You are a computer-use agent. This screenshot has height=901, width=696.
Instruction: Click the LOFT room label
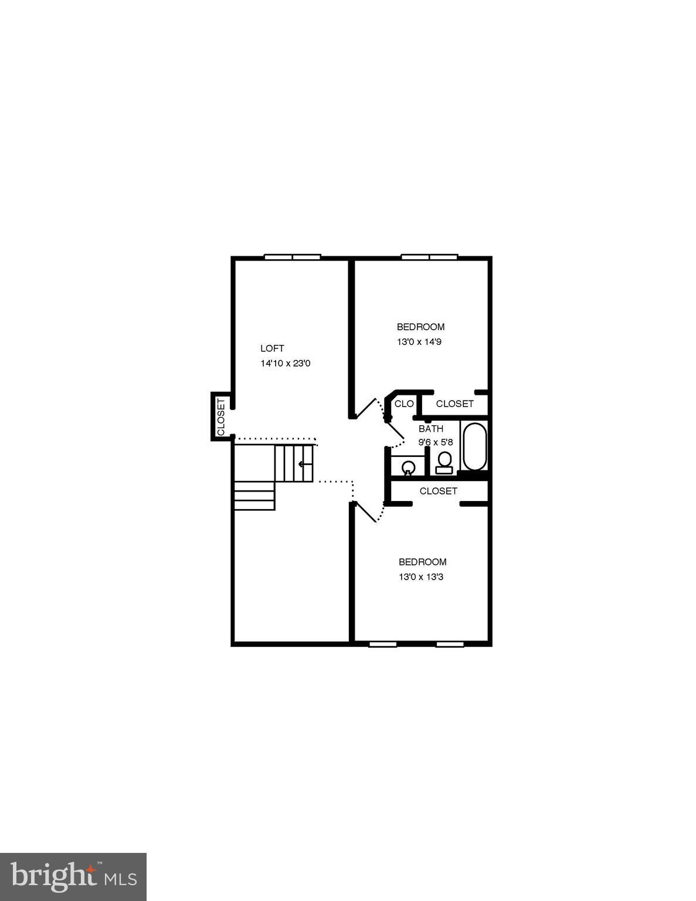(x=272, y=348)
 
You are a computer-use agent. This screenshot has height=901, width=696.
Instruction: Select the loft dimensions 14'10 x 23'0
(x=285, y=364)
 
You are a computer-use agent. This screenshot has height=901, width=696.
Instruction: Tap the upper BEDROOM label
(x=420, y=327)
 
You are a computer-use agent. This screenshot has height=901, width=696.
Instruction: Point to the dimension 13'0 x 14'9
(x=419, y=341)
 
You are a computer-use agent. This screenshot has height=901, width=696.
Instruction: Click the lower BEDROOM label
(x=422, y=562)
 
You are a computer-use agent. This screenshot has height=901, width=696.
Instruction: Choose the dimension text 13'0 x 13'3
(x=420, y=577)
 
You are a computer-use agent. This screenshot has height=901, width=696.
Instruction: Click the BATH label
(x=430, y=429)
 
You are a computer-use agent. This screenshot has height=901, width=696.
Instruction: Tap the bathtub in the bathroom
(x=474, y=447)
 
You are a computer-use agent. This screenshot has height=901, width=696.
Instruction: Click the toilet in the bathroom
(x=444, y=462)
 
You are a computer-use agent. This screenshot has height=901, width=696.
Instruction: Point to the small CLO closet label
(x=404, y=404)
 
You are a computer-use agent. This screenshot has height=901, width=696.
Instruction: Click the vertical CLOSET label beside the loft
(x=221, y=416)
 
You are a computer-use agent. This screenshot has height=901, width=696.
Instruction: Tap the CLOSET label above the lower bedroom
(x=438, y=491)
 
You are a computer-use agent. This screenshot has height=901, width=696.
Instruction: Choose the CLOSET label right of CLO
(x=454, y=404)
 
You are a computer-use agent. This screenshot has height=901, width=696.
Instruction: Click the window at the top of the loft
(x=292, y=256)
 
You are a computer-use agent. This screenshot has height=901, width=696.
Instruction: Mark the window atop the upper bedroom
(x=429, y=256)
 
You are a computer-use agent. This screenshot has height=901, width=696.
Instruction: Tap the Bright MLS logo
(x=73, y=876)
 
